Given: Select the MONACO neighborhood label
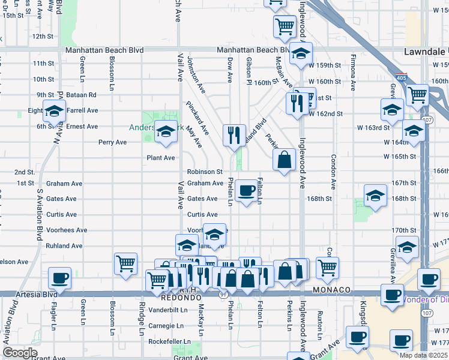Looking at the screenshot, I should click(331, 290).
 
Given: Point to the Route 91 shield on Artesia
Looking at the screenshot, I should click(223, 294).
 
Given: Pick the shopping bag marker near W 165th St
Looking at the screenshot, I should click(285, 160).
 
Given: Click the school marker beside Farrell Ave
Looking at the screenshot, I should click(54, 112).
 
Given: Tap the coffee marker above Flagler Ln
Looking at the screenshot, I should click(61, 279).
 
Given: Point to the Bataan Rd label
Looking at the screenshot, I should click(83, 95).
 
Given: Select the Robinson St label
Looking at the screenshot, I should click(205, 172).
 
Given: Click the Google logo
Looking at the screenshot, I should click(20, 353).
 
